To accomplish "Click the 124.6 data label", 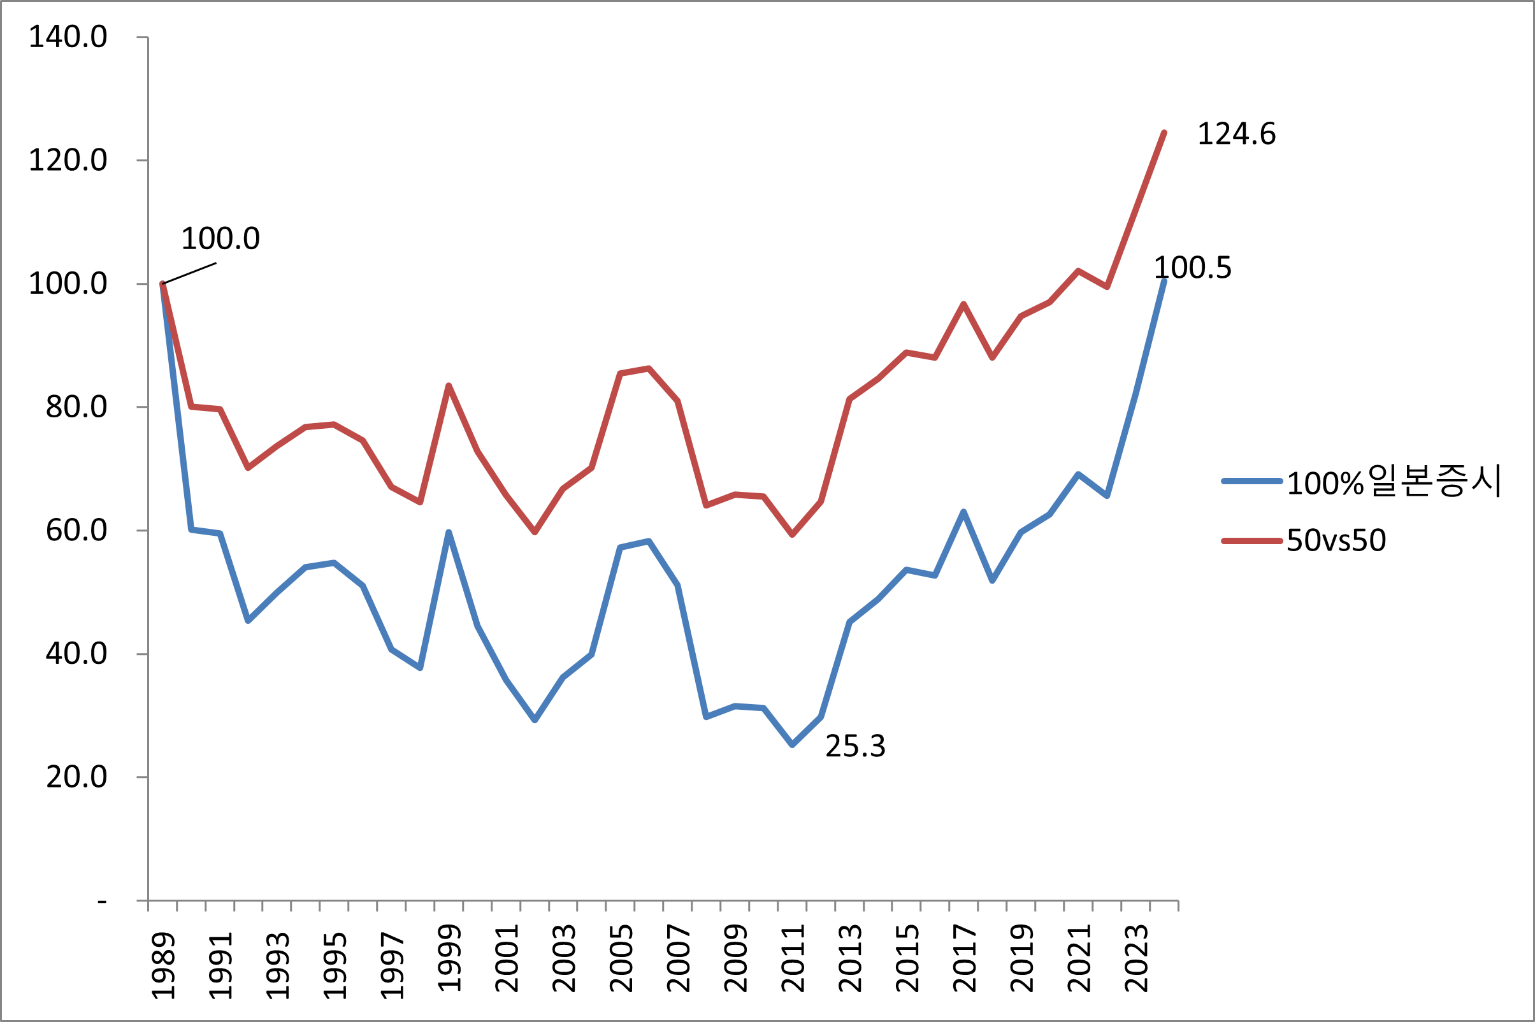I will pos(1236,134).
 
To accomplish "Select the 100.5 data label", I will pos(1192,268).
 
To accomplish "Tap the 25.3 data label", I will pos(855,746).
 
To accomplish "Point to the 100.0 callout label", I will pos(220,238).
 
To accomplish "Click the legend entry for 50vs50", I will pos(1336,540).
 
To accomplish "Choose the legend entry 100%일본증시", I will pos(1394,482).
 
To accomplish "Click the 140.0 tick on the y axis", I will pos(68,37).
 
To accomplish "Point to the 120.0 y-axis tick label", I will pos(68,161).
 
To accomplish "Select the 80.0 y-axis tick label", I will pos(76,407).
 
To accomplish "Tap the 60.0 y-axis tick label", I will pos(76,531).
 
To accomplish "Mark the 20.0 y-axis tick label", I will pos(76,777).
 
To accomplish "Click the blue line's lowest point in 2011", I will pos(792,744).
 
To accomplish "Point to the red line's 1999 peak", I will pos(449,386).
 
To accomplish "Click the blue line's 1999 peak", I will pos(449,533).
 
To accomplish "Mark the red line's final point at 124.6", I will pos(1164,133).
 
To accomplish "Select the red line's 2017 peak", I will pos(963,305).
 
